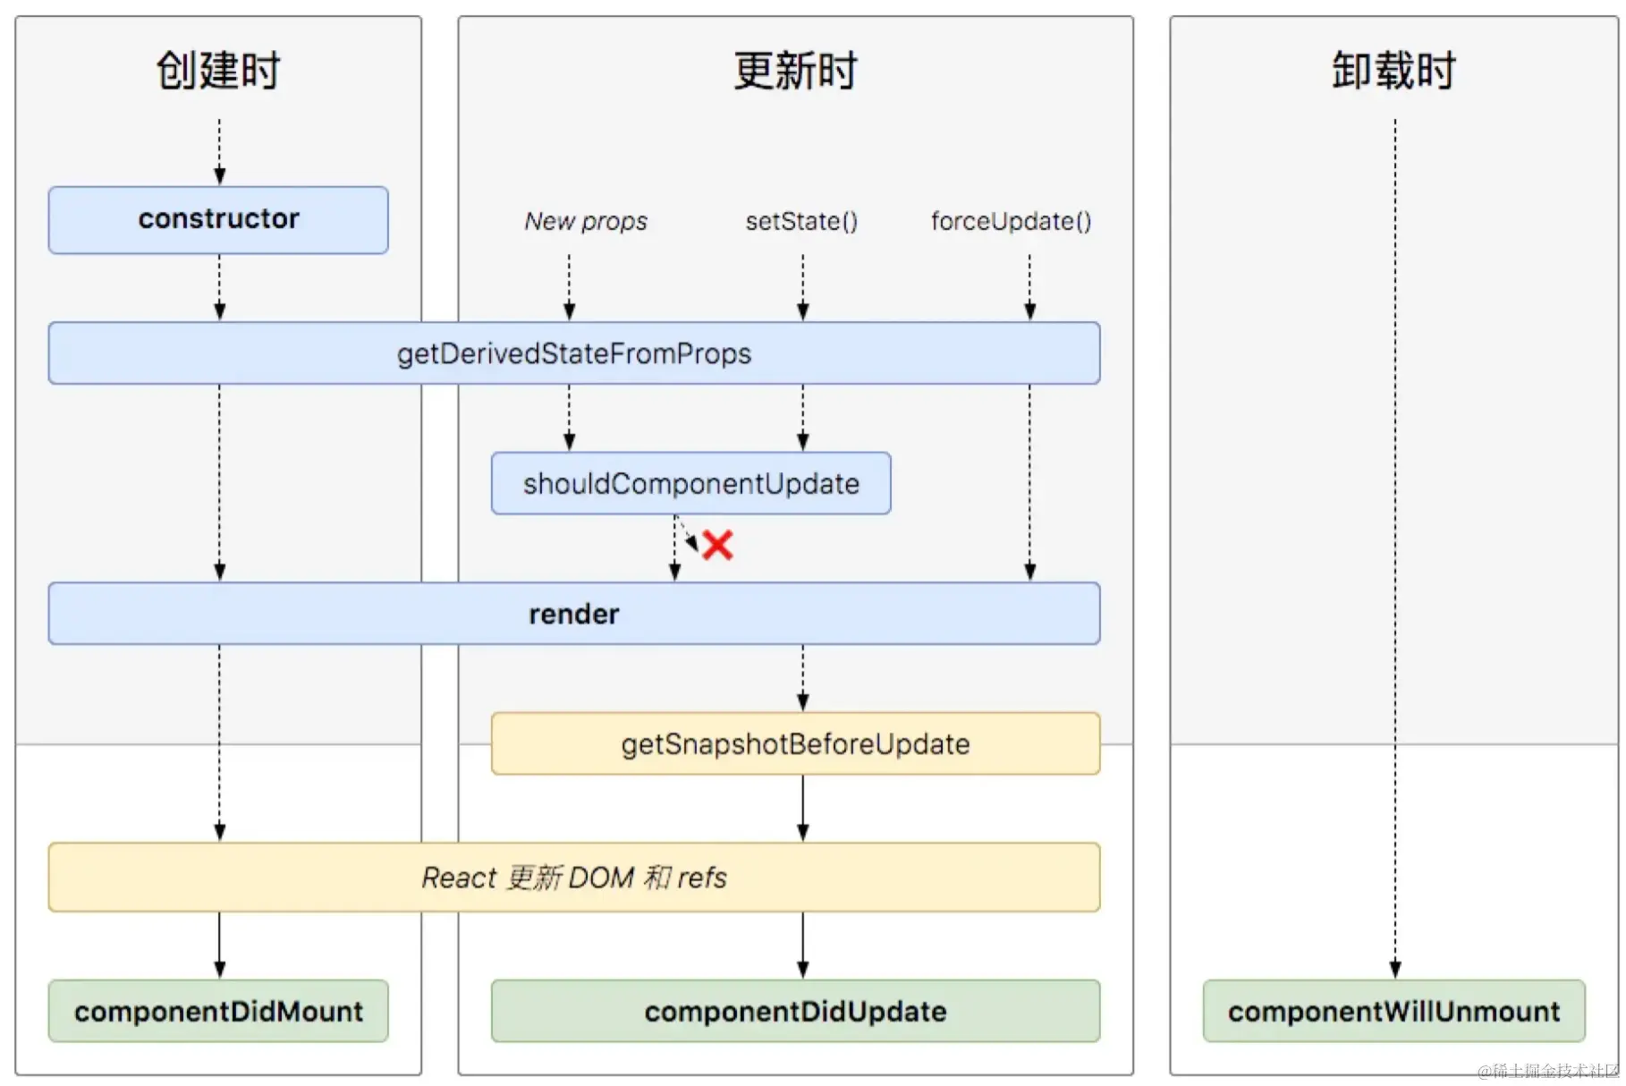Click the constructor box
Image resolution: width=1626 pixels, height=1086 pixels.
click(218, 220)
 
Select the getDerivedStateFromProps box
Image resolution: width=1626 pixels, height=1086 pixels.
click(573, 353)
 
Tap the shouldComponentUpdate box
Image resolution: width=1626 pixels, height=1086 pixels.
click(690, 484)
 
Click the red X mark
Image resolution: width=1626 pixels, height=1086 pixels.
click(717, 545)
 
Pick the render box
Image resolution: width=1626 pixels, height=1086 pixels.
click(573, 614)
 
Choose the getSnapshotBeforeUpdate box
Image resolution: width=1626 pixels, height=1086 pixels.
click(795, 743)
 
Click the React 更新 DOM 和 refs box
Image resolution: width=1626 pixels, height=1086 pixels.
click(573, 878)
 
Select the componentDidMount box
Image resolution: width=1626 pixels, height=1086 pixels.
click(218, 1011)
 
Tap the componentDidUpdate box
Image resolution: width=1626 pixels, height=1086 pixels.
click(795, 1011)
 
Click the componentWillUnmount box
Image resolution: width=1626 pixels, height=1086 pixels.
click(1393, 1011)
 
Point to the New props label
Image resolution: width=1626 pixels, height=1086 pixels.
click(586, 221)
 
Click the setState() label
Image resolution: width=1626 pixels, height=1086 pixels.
click(801, 221)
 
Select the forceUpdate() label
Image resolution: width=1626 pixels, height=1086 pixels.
click(1011, 221)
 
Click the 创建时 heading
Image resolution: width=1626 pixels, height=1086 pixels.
click(218, 71)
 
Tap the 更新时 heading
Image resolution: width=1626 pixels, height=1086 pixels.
click(795, 71)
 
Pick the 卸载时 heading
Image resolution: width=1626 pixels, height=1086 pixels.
click(1393, 71)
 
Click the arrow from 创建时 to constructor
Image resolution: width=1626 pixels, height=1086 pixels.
click(219, 152)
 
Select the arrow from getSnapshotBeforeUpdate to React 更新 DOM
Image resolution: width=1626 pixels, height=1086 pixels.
click(802, 808)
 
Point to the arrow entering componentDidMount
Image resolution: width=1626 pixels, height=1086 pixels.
click(219, 946)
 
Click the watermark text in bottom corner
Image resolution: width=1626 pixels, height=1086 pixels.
click(1548, 1071)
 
